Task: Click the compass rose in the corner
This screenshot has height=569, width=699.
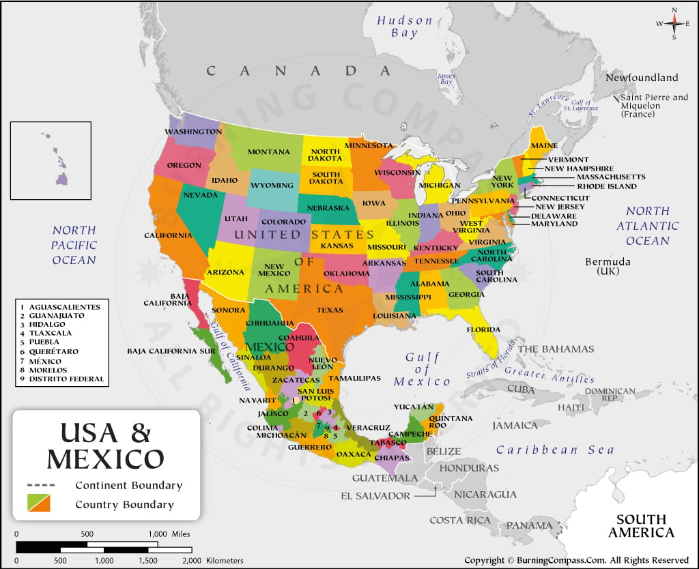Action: (674, 23)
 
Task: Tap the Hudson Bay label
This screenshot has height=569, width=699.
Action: (405, 26)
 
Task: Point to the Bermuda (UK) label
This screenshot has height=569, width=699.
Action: (608, 266)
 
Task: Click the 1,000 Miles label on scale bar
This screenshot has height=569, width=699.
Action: (167, 534)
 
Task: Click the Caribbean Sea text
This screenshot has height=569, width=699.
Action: (554, 450)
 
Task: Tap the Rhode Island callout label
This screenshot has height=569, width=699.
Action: (606, 186)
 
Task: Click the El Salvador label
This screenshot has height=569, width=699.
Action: (375, 496)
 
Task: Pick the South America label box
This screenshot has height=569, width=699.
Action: (641, 525)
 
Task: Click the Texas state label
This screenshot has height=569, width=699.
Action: (330, 310)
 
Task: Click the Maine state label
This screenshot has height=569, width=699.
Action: (544, 146)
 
